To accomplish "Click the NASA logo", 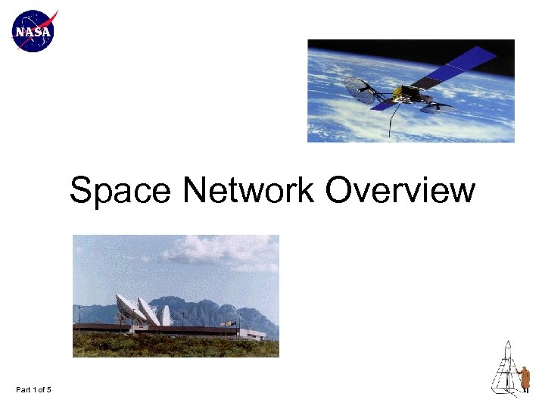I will [34, 31].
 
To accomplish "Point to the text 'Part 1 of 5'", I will [33, 390].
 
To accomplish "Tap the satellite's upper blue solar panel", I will [463, 64].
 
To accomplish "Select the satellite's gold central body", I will [410, 93].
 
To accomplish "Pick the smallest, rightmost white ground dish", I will [167, 315].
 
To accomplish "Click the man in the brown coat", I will [524, 377].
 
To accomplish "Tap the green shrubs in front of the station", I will [174, 347].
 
